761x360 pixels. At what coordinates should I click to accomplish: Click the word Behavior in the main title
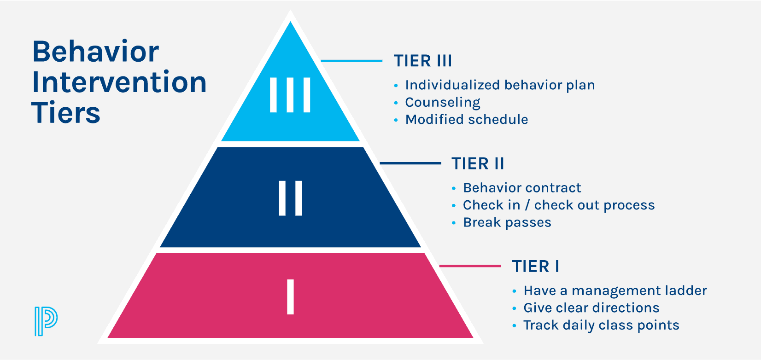click(95, 52)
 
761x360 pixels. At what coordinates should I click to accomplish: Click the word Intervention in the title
click(119, 82)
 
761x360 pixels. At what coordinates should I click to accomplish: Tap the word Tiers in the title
click(66, 113)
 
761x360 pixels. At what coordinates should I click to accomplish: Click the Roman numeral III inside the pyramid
click(290, 95)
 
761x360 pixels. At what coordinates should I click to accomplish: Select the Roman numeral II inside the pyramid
click(290, 198)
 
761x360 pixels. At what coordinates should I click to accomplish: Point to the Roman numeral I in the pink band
click(290, 297)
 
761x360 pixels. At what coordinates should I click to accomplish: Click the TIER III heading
click(422, 61)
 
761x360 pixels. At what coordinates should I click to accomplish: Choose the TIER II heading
click(478, 163)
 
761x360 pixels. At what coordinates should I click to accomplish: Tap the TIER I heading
click(536, 267)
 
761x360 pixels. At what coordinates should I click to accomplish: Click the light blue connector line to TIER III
click(351, 61)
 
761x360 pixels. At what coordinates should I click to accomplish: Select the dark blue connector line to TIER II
click(410, 163)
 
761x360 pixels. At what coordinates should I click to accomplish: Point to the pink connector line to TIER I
click(470, 266)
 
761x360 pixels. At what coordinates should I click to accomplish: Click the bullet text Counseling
click(442, 102)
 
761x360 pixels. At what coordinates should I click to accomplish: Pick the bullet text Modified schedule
click(466, 120)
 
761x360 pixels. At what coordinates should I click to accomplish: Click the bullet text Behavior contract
click(522, 188)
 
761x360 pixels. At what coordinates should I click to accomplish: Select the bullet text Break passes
click(507, 222)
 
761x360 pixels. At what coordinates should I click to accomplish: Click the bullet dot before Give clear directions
click(515, 308)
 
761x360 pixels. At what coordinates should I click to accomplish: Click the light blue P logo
click(46, 320)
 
